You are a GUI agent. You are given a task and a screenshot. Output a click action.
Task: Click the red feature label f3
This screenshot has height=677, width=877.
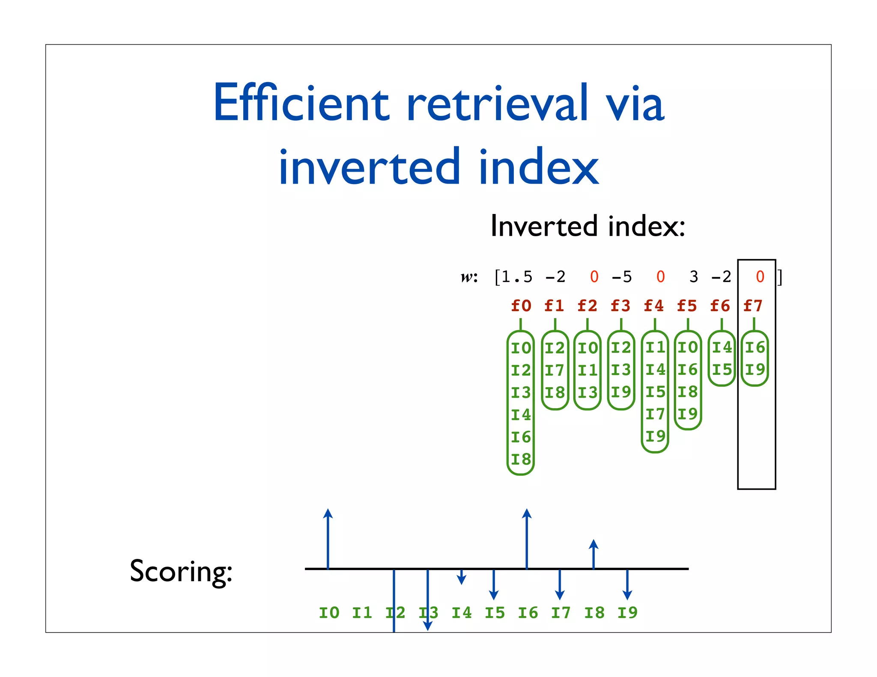tap(620, 306)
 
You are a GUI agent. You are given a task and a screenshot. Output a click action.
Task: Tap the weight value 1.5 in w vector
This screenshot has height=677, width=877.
tap(517, 277)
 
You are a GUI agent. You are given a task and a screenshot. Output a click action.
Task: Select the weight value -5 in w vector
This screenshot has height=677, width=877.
tap(622, 277)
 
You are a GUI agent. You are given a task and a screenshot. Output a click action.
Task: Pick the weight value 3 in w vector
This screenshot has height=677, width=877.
tap(694, 277)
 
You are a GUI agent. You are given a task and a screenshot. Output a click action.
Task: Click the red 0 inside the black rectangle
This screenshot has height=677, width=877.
tap(760, 277)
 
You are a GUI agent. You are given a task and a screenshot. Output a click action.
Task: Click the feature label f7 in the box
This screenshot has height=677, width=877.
tap(753, 306)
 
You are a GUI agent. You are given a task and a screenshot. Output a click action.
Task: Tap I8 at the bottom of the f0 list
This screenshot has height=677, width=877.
tap(521, 460)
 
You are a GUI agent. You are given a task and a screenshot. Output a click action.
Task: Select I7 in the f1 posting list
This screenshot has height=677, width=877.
tap(555, 370)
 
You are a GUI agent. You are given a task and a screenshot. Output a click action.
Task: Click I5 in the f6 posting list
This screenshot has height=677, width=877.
tap(722, 370)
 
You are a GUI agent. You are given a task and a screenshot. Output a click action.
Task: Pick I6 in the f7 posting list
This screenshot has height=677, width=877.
tap(755, 347)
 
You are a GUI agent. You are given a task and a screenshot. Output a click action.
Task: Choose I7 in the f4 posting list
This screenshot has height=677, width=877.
tap(655, 414)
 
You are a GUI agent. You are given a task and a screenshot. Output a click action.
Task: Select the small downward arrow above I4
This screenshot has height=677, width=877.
tap(461, 577)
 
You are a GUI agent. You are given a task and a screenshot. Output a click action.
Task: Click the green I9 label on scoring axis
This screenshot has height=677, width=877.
tap(627, 613)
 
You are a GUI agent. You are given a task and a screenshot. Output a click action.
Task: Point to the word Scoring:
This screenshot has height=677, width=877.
tap(181, 571)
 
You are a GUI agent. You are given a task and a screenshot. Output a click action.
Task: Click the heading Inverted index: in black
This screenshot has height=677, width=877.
tap(588, 226)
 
